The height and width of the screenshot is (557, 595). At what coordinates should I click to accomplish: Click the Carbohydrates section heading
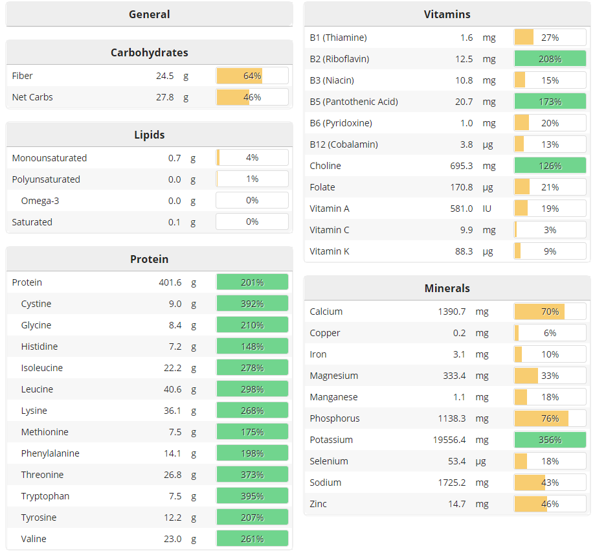point(149,52)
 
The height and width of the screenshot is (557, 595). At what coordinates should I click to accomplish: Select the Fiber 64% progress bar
point(252,76)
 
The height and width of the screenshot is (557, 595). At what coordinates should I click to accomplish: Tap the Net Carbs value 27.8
point(164,97)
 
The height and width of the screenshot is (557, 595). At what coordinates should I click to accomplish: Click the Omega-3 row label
point(40,201)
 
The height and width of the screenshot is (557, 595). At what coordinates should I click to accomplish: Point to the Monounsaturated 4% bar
point(252,157)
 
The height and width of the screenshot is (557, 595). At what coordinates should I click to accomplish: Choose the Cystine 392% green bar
point(252,304)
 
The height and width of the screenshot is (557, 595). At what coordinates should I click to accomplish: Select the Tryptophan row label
point(45,496)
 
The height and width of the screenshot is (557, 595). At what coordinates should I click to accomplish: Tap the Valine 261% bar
point(252,539)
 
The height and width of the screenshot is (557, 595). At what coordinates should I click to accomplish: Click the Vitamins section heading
point(447,14)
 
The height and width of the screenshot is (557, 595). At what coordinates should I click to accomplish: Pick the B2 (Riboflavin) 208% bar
point(550,59)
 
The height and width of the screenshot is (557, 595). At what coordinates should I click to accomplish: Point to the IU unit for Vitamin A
point(487,209)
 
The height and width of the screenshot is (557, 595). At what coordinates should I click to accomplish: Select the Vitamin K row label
point(330,251)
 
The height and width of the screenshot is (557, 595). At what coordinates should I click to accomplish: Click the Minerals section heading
point(447,288)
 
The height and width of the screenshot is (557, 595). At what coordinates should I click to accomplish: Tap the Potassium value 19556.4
point(449,440)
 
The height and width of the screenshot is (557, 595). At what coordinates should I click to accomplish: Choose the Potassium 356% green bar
point(550,440)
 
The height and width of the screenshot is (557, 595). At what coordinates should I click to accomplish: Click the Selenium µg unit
point(482,461)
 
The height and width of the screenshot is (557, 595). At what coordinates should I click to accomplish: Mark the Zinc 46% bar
point(550,504)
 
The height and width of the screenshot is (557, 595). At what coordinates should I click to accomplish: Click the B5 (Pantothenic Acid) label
point(354,102)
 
